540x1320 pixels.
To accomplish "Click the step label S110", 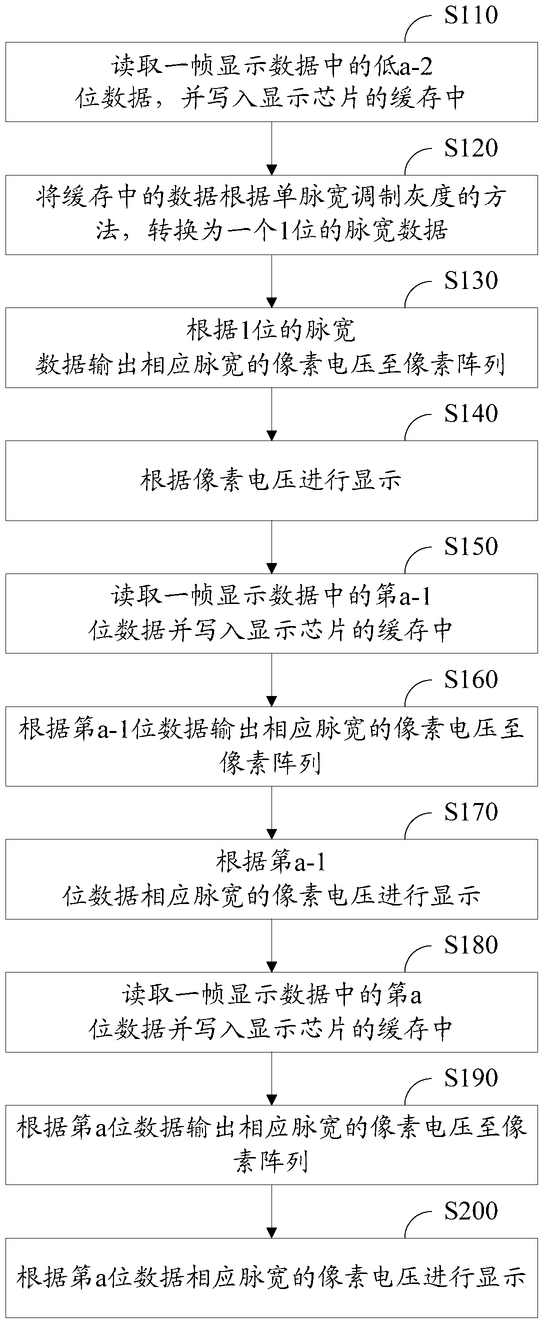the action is click(x=470, y=15).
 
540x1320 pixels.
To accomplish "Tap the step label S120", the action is click(x=470, y=147).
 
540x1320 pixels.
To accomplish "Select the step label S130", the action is click(x=470, y=280).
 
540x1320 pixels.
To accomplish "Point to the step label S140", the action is click(x=470, y=413).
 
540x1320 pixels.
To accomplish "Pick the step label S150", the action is click(x=470, y=546).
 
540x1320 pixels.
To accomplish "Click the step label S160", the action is click(x=470, y=679).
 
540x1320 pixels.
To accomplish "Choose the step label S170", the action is click(x=470, y=811).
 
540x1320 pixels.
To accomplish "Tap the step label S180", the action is click(x=470, y=945).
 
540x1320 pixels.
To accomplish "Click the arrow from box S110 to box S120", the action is click(x=272, y=148).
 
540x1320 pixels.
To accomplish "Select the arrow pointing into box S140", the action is click(x=272, y=414).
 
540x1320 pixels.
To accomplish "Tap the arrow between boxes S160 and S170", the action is click(x=272, y=812).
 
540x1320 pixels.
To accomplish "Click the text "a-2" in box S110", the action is click(x=417, y=66).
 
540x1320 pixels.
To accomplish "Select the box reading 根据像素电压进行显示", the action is click(x=271, y=480).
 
